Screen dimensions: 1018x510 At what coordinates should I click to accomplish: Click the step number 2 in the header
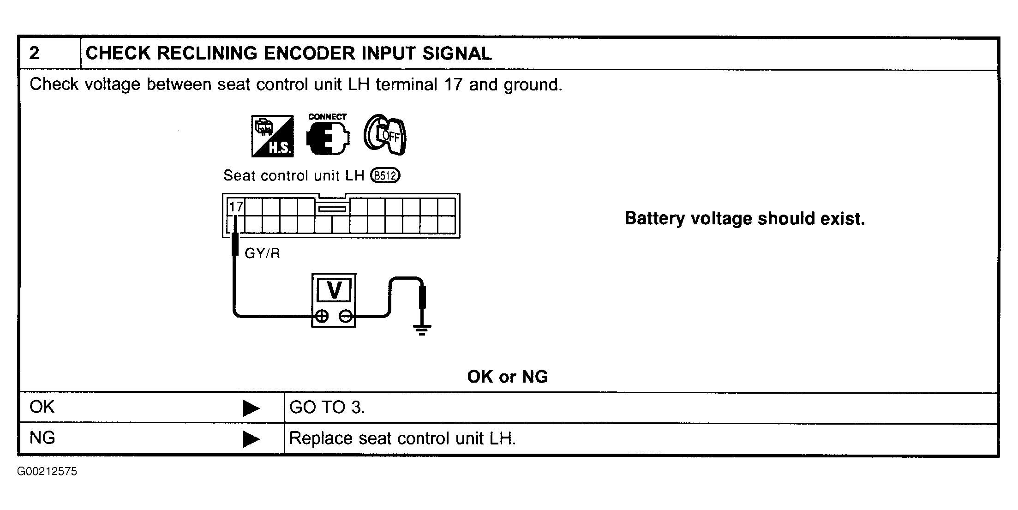pyautogui.click(x=34, y=54)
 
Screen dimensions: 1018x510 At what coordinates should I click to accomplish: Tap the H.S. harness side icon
pyautogui.click(x=272, y=136)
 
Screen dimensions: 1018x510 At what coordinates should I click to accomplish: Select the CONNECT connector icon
pyautogui.click(x=328, y=135)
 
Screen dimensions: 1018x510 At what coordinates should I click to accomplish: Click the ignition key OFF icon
pyautogui.click(x=385, y=134)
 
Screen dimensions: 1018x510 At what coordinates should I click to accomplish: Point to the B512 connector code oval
pyautogui.click(x=385, y=176)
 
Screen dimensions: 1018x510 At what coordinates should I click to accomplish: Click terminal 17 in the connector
pyautogui.click(x=236, y=206)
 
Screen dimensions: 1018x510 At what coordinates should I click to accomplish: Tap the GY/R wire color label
pyautogui.click(x=262, y=253)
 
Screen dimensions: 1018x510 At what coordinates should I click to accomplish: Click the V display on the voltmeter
pyautogui.click(x=334, y=290)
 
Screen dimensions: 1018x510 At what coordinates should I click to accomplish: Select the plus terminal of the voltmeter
pyautogui.click(x=322, y=316)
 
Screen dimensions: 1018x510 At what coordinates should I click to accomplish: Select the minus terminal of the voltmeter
pyautogui.click(x=346, y=316)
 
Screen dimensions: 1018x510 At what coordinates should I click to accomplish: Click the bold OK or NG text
pyautogui.click(x=508, y=377)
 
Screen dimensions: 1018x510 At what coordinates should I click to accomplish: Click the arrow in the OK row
pyautogui.click(x=251, y=408)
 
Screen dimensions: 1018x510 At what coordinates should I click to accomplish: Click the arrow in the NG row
pyautogui.click(x=251, y=439)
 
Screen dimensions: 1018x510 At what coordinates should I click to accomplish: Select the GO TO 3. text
pyautogui.click(x=327, y=407)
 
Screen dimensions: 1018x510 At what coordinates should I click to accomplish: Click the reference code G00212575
pyautogui.click(x=48, y=472)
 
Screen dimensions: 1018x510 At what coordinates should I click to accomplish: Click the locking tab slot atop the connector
pyautogui.click(x=332, y=209)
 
